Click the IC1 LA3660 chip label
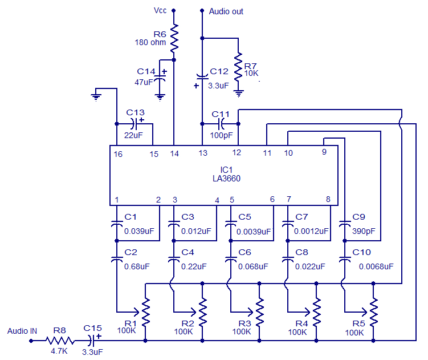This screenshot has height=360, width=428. (x=226, y=174)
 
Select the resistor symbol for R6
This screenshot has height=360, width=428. (x=174, y=38)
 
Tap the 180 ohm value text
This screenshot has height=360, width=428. (x=150, y=43)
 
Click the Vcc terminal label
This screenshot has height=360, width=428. (x=160, y=10)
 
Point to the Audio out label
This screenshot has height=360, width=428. (x=226, y=11)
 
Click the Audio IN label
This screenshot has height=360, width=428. (x=22, y=331)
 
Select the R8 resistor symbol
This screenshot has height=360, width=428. (x=60, y=341)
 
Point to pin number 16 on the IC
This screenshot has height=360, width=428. (x=117, y=153)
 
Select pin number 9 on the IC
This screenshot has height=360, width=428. (x=324, y=152)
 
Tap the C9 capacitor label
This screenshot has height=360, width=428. (x=358, y=217)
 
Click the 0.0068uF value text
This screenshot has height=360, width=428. (x=376, y=266)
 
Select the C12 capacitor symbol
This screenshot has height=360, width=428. (x=202, y=76)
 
